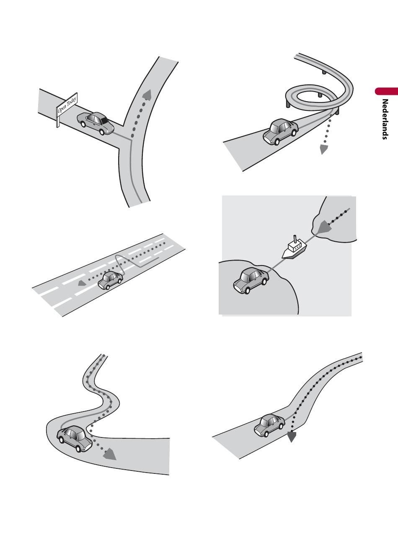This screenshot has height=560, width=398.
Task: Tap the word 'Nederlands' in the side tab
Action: pos(385,119)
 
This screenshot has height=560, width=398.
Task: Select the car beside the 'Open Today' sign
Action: pos(96,123)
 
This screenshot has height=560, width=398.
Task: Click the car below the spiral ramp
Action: pos(280,132)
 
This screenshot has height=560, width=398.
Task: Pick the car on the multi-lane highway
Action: pos(110,280)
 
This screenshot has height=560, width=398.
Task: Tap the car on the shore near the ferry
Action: pos(251,280)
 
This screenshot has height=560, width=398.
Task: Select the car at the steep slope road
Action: pos(269,425)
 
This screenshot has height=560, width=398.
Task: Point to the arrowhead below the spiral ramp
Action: pos(324,149)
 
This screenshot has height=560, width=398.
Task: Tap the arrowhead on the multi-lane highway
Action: pos(82,283)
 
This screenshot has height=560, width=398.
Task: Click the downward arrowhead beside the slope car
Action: pos(292,437)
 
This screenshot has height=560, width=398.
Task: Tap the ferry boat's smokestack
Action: pos(295,239)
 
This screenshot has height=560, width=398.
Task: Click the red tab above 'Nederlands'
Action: pos(386,91)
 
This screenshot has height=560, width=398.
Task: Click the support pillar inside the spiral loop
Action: pos(319,95)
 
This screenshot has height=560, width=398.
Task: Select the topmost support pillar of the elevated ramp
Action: pos(324,72)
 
